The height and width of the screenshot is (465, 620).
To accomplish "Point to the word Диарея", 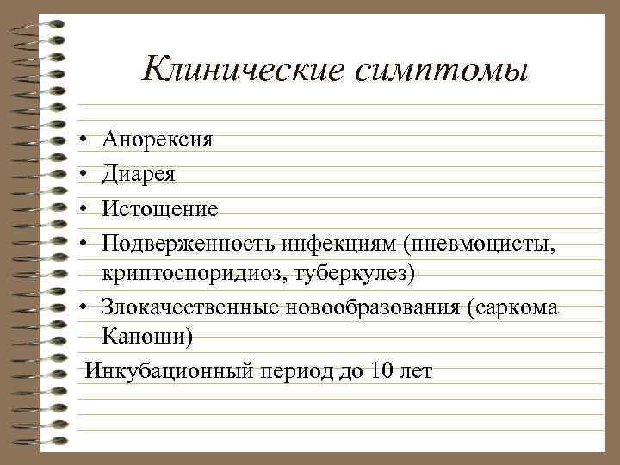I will pos(139,174).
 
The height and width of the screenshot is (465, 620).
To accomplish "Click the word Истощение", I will pos(160,209).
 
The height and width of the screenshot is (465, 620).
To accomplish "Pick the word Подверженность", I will pos(188,244).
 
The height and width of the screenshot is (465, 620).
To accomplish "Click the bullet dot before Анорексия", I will pos(79,139).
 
